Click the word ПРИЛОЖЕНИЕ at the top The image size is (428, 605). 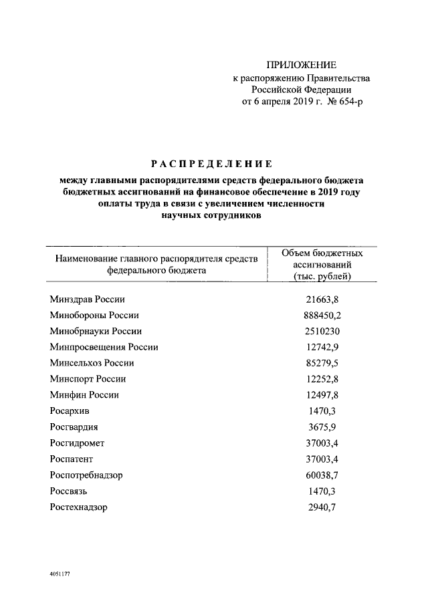pyautogui.click(x=301, y=65)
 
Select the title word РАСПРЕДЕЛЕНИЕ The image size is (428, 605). pyautogui.click(x=210, y=164)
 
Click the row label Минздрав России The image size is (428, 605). pyautogui.click(x=88, y=299)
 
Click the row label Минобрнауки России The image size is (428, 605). pyautogui.click(x=96, y=331)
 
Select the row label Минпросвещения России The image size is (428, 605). pyautogui.click(x=104, y=347)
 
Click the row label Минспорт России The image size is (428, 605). pyautogui.click(x=88, y=379)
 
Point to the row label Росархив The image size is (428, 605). pyautogui.click(x=70, y=411)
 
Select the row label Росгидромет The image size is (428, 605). pyautogui.click(x=77, y=443)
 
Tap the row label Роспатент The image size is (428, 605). pyautogui.click(x=72, y=459)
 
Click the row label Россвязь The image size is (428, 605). pyautogui.click(x=69, y=491)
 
